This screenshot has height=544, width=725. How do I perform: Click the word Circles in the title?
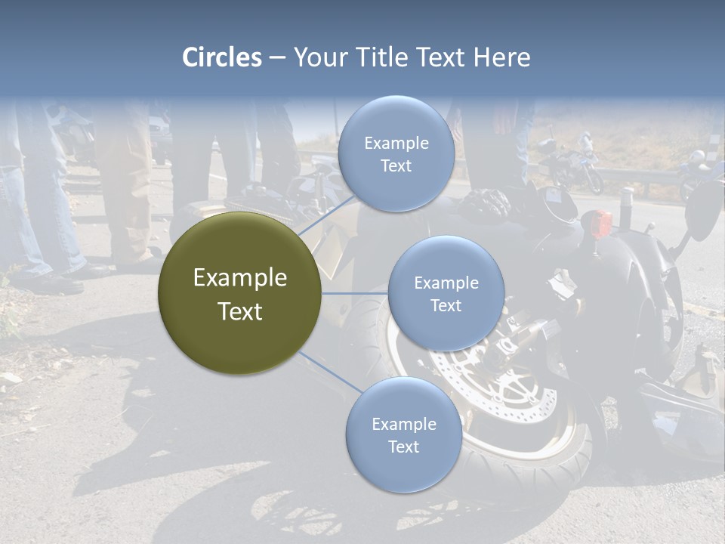click(222, 57)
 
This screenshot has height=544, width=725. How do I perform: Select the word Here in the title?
click(503, 57)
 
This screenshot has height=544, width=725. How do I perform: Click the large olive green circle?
click(239, 293)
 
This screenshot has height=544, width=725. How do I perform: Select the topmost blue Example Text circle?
click(396, 153)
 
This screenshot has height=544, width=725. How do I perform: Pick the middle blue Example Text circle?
click(446, 293)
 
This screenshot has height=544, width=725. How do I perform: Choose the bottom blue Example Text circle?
click(403, 434)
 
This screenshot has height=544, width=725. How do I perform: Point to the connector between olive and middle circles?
click(355, 293)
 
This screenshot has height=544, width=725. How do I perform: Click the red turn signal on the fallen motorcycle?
click(601, 223)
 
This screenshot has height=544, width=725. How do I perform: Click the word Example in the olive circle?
click(239, 278)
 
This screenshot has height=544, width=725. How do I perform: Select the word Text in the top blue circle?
click(396, 165)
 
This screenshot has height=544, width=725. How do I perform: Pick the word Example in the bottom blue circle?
click(403, 424)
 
